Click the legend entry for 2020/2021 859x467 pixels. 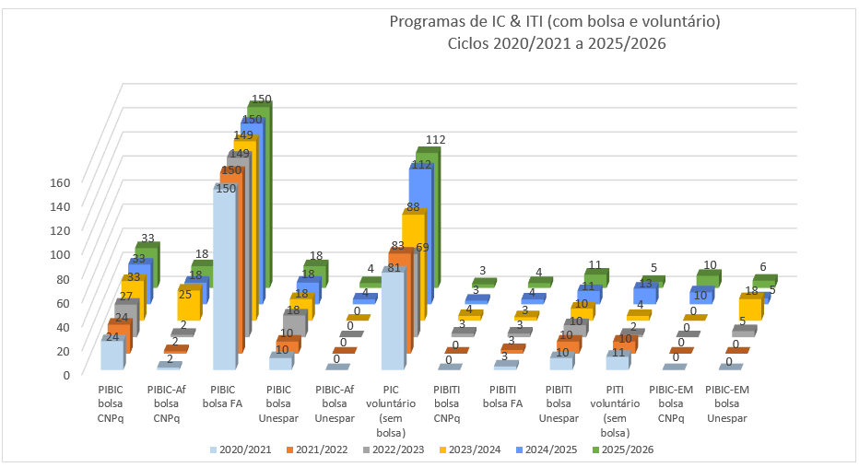(244, 450)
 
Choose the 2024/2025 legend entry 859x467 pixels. (555, 450)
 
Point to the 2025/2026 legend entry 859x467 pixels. (632, 450)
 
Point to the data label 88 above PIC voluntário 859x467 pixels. (412, 207)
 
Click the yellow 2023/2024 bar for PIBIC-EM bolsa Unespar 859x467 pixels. (750, 307)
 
